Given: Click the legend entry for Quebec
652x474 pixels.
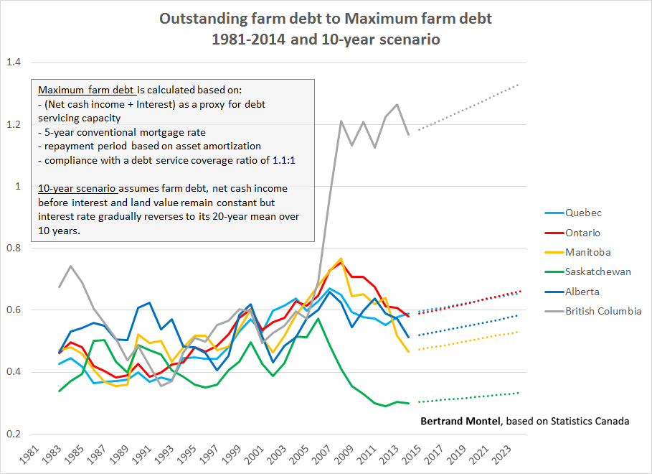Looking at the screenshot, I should click(x=583, y=213).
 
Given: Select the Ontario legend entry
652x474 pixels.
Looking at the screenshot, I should click(x=582, y=233).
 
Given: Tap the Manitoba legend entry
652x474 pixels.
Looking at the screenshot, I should click(x=587, y=252).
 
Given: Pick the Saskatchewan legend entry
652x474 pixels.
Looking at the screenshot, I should click(x=597, y=272).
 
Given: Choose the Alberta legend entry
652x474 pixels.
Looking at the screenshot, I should click(x=582, y=292).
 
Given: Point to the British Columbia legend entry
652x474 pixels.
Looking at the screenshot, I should click(x=603, y=311).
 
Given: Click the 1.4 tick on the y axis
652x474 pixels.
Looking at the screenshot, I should click(x=14, y=62).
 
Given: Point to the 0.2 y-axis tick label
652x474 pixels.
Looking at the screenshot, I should click(x=14, y=434).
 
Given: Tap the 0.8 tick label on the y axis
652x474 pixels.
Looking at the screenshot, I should click(x=14, y=248).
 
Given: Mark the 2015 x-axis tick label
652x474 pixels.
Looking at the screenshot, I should click(x=412, y=454).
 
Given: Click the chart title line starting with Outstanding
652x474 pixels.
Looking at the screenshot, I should click(x=326, y=19).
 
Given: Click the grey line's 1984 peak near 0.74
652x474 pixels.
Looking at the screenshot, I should click(x=70, y=266).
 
